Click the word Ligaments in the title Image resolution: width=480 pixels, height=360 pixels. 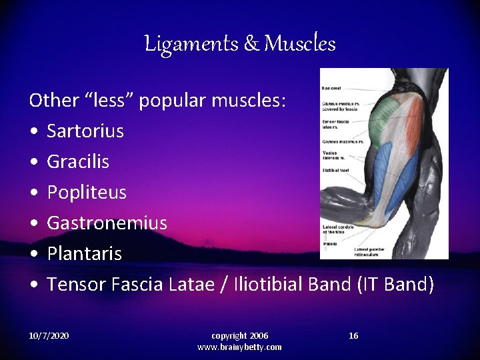coord(181,44)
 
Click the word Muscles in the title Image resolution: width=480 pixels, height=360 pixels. coord(300,44)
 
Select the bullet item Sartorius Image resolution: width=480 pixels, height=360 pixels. coord(85,131)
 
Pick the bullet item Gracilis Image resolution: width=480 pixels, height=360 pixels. coord(77,161)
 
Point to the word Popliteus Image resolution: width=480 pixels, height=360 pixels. coord(86,193)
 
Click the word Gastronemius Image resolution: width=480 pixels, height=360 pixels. coord(107,223)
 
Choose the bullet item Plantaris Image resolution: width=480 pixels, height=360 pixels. coord(84,254)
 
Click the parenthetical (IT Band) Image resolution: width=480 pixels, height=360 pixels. coord(395,285)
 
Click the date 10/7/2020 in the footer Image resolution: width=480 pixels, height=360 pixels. coord(49,335)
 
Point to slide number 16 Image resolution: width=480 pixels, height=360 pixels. coord(353,335)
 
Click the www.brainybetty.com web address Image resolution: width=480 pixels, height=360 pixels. coord(239,347)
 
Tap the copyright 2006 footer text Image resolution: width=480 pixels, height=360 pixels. coord(239,335)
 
